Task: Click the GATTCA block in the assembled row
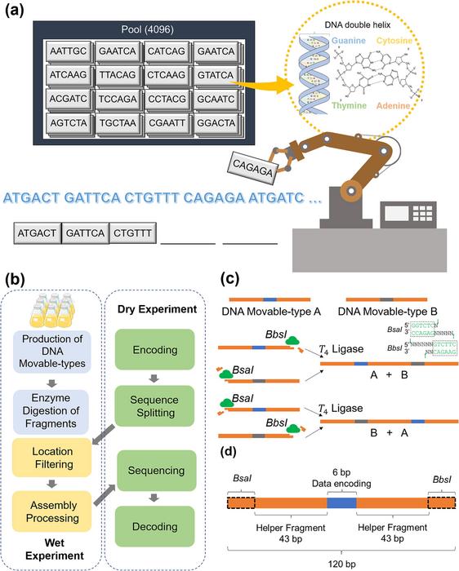point(85,233)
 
